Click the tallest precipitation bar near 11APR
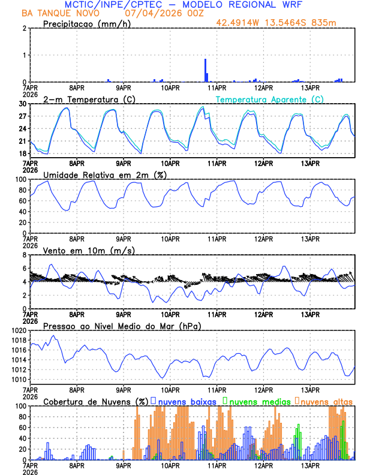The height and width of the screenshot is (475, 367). click(206, 70)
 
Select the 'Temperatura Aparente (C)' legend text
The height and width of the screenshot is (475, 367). click(270, 99)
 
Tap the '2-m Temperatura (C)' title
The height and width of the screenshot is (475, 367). click(85, 99)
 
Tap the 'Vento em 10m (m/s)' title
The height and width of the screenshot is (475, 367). click(89, 250)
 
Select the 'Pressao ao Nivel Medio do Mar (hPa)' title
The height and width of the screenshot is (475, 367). click(122, 326)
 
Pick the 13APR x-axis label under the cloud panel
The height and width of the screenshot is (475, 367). click(310, 465)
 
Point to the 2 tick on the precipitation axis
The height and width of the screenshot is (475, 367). click(25, 28)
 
